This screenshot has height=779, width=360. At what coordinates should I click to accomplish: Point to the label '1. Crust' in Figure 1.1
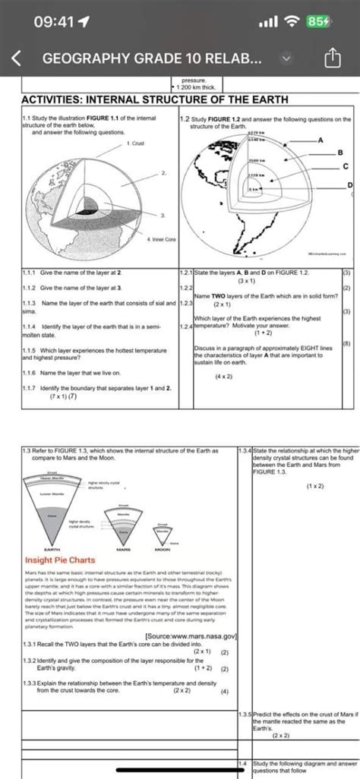tap(137, 142)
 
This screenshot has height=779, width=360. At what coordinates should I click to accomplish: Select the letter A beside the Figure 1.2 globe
tap(321, 140)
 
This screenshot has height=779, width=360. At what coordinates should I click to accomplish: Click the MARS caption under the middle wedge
tap(123, 550)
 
